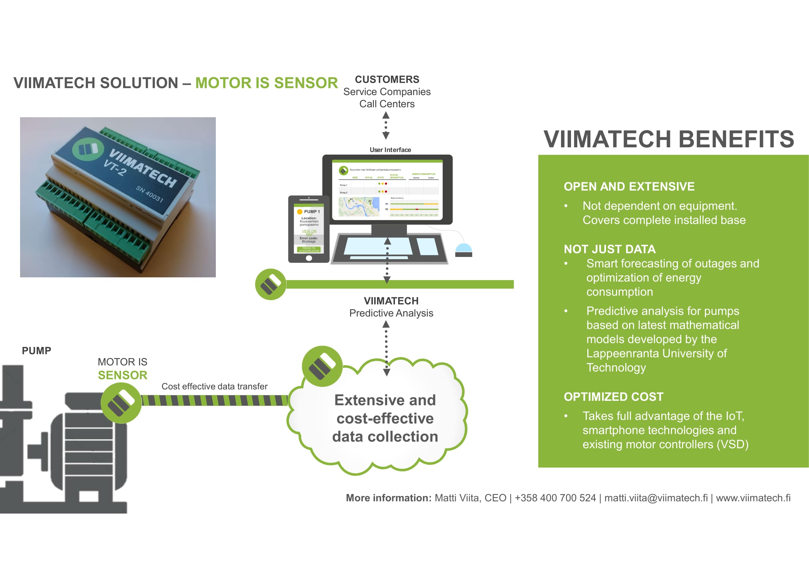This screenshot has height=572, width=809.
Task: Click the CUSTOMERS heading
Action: [387, 80]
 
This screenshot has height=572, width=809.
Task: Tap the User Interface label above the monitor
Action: [390, 150]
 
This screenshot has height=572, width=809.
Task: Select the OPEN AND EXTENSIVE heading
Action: [629, 186]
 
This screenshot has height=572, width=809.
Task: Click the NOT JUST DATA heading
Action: [609, 249]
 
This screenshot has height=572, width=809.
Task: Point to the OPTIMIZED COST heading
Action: [614, 397]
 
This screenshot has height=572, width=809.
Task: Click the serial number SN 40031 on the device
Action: [150, 194]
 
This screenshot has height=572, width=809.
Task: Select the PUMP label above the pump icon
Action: [37, 351]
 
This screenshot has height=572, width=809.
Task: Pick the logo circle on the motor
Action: [121, 403]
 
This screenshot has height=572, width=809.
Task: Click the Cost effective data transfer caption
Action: [214, 386]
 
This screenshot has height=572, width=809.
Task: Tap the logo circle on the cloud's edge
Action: [322, 366]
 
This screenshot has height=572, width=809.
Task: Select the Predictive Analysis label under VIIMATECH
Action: [391, 313]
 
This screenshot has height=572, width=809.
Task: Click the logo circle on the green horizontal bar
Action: [270, 284]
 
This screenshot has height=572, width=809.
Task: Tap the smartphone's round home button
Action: [309, 258]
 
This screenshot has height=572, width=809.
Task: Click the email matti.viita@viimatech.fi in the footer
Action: [656, 498]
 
